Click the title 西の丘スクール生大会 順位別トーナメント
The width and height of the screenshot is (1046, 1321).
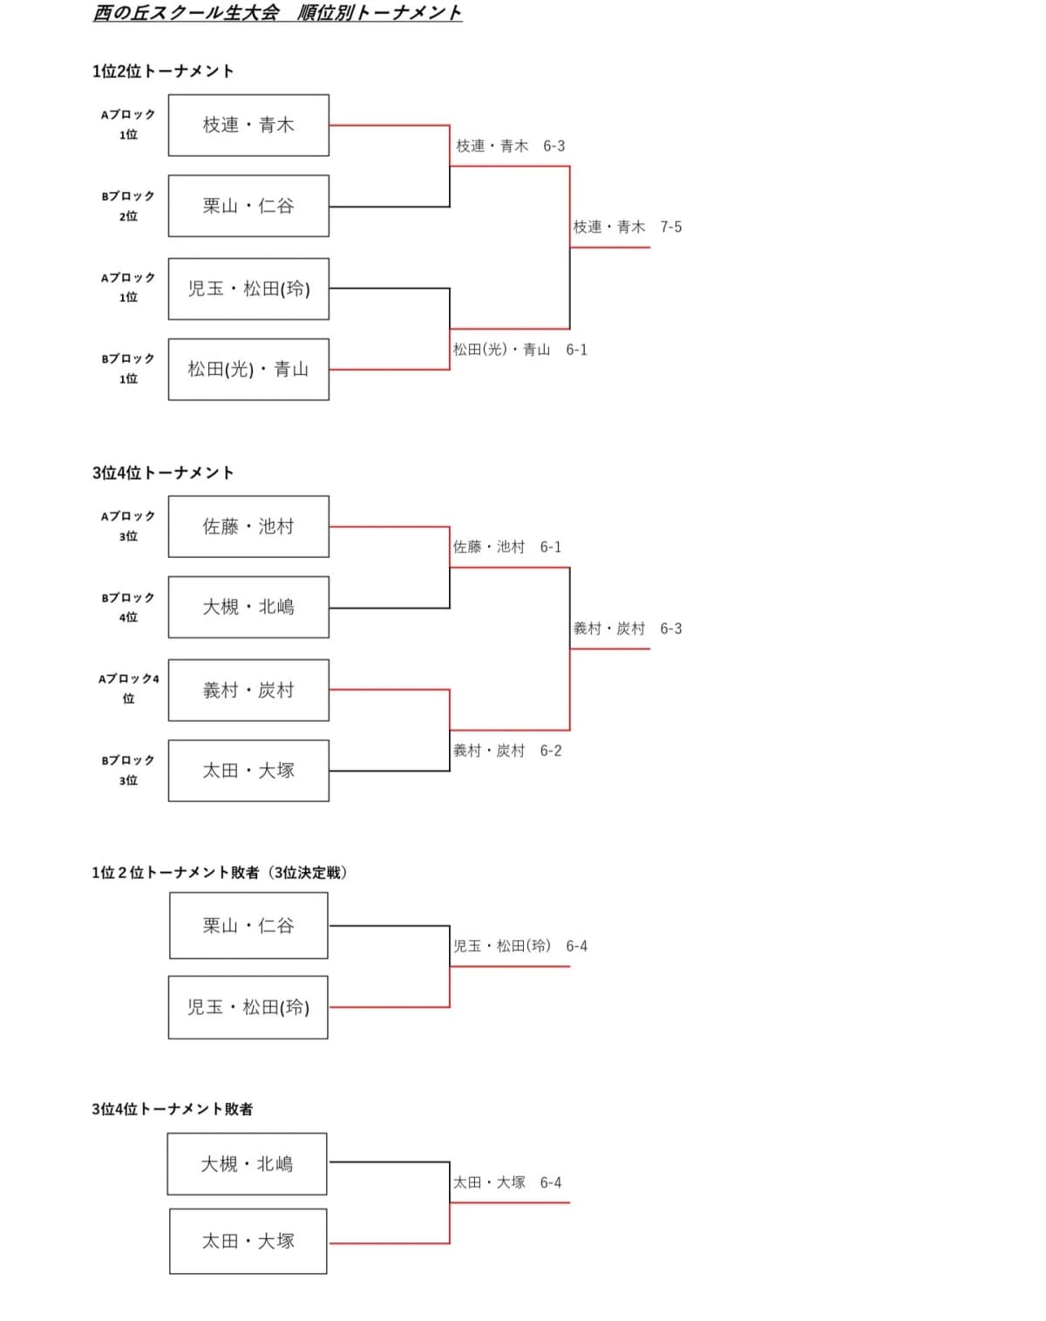[x=277, y=13]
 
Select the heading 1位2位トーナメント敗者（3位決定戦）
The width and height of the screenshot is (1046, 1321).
[x=220, y=873]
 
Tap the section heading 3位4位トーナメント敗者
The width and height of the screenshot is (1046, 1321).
[x=173, y=1109]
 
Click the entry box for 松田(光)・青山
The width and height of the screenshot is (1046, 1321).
[x=248, y=370]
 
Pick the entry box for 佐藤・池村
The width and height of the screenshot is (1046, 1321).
[x=248, y=527]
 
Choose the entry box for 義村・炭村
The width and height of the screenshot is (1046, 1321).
[x=248, y=691]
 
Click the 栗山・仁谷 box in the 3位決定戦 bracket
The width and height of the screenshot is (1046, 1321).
[x=248, y=926]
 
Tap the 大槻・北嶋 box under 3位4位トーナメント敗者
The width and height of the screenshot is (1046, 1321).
[x=248, y=1164]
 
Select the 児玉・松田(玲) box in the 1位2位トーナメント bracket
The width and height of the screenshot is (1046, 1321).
[x=248, y=289]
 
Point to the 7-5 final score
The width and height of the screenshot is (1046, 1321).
[x=671, y=228]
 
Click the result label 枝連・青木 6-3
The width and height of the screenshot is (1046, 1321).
[x=511, y=146]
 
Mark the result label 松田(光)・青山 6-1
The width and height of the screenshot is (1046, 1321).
[x=520, y=350]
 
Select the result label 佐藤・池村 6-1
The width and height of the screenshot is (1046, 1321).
[x=507, y=548]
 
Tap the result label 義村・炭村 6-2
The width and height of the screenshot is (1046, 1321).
[x=507, y=751]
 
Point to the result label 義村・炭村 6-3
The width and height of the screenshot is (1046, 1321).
[x=628, y=629]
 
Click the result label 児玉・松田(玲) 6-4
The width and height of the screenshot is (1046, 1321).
[x=520, y=946]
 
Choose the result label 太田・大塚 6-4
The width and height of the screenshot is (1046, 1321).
[x=507, y=1183]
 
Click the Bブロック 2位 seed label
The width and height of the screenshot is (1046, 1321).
[x=128, y=206]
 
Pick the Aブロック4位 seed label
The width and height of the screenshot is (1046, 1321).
[x=129, y=688]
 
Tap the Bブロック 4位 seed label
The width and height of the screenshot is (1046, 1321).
[x=128, y=607]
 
